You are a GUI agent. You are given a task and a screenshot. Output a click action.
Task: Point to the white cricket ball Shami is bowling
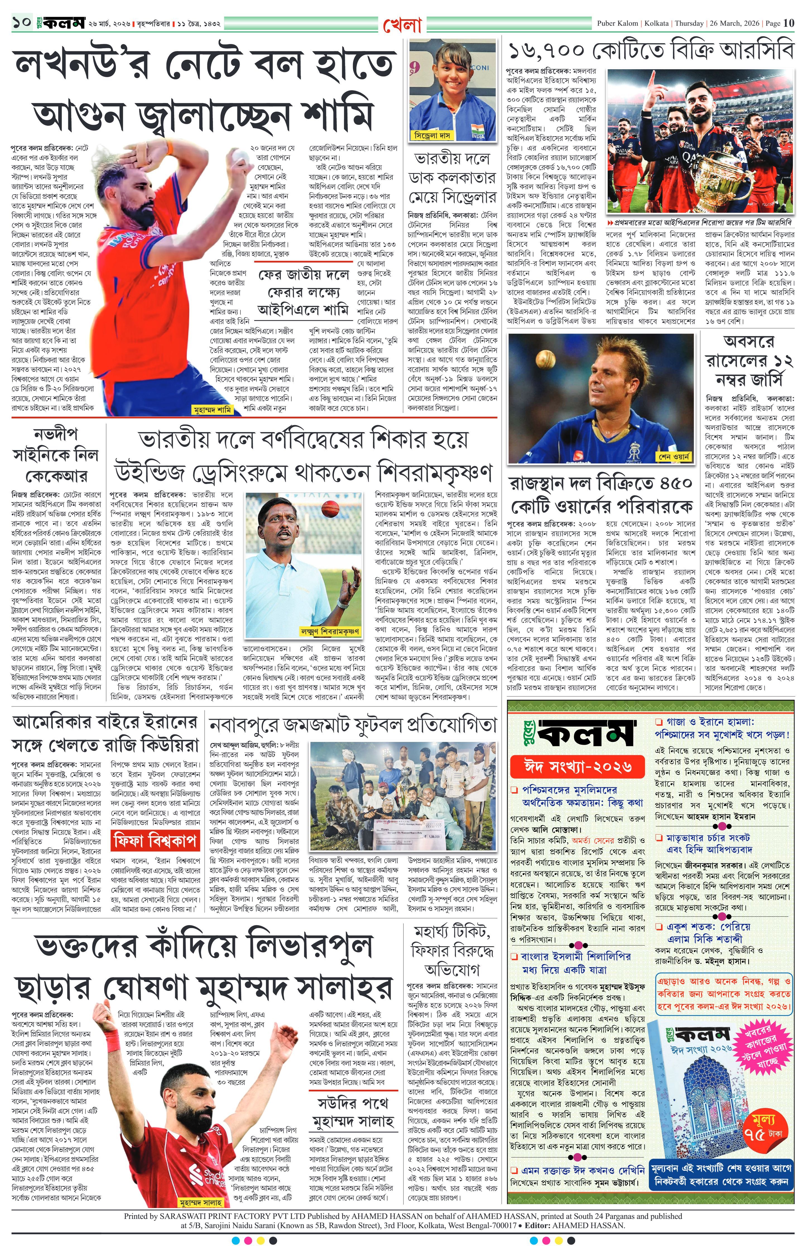(x=241, y=155)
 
